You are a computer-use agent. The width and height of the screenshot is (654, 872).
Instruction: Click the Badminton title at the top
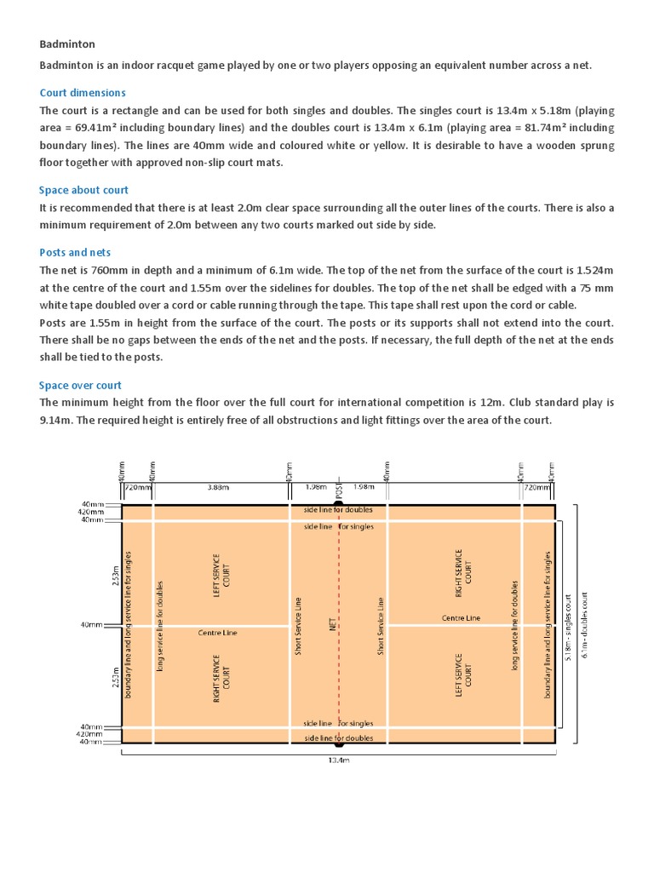tap(67, 43)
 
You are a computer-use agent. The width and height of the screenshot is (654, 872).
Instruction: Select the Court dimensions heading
tap(83, 93)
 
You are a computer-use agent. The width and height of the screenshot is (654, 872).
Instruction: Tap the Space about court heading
tap(83, 190)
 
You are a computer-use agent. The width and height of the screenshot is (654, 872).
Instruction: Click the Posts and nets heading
tap(75, 252)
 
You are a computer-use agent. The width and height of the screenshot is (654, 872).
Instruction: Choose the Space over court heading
tap(80, 385)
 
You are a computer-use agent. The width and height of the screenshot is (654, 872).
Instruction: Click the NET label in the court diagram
tap(333, 624)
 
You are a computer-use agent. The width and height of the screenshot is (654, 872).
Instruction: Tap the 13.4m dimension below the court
tap(339, 760)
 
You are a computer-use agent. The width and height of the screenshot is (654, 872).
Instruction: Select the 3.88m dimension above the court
tap(219, 488)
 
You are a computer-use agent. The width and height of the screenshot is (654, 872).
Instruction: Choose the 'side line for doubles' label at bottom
tap(338, 737)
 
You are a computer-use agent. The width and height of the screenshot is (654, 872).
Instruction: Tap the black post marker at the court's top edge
tap(339, 503)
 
